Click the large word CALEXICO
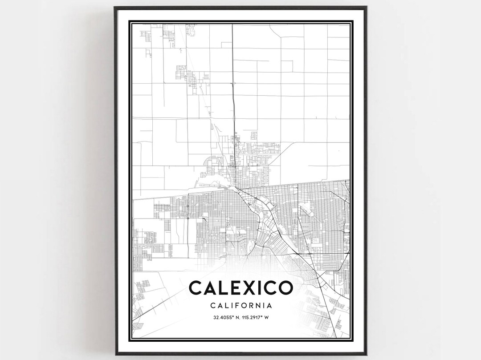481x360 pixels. pyautogui.click(x=241, y=288)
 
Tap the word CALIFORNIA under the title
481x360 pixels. pyautogui.click(x=241, y=306)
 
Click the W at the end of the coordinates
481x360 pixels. pyautogui.click(x=270, y=317)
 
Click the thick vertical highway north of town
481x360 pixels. pyautogui.click(x=233, y=89)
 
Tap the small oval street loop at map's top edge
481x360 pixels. pyautogui.click(x=192, y=30)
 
